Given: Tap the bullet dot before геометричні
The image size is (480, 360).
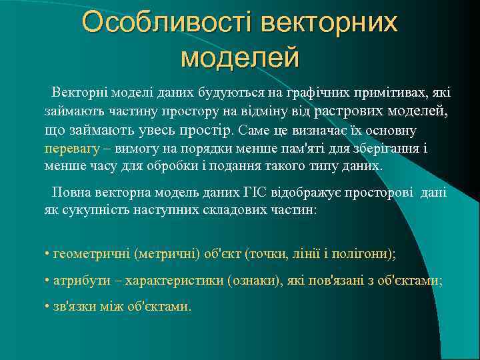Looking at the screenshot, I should point(47,255).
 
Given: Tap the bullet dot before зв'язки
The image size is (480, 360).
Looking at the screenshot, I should point(47,307).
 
